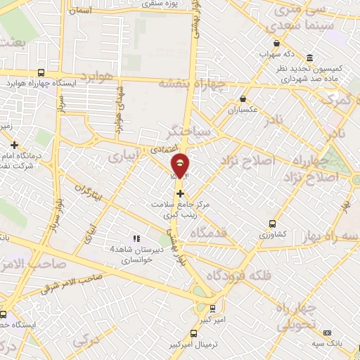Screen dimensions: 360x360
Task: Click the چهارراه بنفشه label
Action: point(191,84)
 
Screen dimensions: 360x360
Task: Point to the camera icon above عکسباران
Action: point(243,98)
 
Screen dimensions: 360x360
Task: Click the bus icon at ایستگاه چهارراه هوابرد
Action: point(42,72)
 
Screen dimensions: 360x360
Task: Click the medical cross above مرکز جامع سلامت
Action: point(181,193)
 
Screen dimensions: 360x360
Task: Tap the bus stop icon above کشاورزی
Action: point(271,224)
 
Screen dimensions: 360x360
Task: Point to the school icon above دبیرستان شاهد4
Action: point(136,239)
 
